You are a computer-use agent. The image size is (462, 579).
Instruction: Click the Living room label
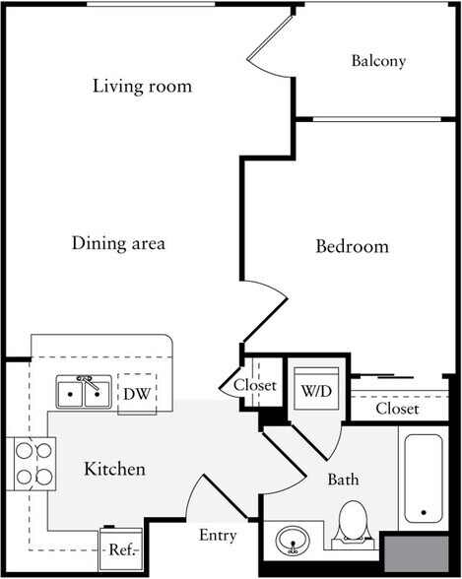[x=142, y=87]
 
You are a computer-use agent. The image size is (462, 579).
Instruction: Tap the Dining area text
[x=118, y=242]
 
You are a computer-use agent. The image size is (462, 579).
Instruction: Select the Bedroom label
[x=352, y=246]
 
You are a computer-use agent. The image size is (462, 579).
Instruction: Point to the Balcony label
[x=378, y=61]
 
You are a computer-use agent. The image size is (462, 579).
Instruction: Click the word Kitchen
[x=114, y=469]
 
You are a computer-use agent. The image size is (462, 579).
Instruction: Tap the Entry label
[x=217, y=536]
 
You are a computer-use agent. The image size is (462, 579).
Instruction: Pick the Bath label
[x=343, y=480]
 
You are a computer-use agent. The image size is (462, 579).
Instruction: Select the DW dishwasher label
[x=136, y=394]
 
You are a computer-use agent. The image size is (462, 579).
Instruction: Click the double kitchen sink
[x=83, y=392]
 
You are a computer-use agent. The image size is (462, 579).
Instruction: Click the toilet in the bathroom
[x=351, y=523]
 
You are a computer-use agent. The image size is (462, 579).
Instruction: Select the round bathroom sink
[x=292, y=542]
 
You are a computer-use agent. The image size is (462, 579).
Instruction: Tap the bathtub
[x=425, y=478]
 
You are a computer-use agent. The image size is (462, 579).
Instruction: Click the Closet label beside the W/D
[x=254, y=386]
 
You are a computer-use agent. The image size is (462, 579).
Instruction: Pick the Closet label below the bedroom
[x=397, y=408]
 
